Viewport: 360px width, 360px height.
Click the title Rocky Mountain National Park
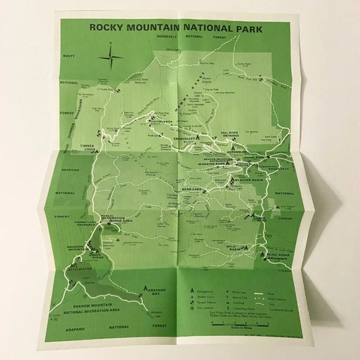176,27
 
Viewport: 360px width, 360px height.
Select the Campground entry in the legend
197,290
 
